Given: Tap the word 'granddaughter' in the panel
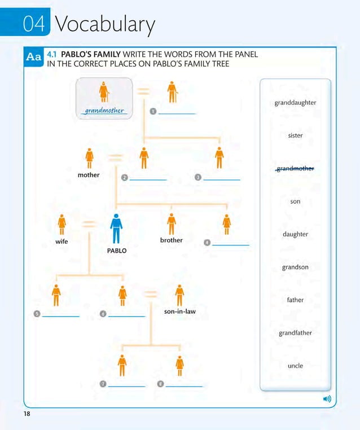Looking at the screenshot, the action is pyautogui.click(x=295, y=103).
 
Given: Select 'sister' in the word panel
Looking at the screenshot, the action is pyautogui.click(x=295, y=135).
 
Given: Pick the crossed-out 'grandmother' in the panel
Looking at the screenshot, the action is pyautogui.click(x=295, y=168).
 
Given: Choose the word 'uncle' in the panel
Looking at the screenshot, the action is pyautogui.click(x=295, y=366).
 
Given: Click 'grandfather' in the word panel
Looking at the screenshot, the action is pyautogui.click(x=295, y=333).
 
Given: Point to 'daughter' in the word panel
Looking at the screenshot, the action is pyautogui.click(x=295, y=234).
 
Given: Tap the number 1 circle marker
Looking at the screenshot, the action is pyautogui.click(x=153, y=111).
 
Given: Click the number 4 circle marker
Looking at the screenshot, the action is pyautogui.click(x=207, y=243).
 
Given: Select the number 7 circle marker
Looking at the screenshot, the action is pyautogui.click(x=103, y=384).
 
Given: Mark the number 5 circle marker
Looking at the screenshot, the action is pyautogui.click(x=37, y=314).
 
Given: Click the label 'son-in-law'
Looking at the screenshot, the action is pyautogui.click(x=180, y=311).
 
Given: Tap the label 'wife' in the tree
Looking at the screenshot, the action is pyautogui.click(x=62, y=241).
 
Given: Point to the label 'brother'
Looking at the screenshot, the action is pyautogui.click(x=172, y=240).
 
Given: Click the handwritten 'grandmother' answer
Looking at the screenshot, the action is pyautogui.click(x=104, y=110).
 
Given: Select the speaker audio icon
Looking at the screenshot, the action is pyautogui.click(x=327, y=399).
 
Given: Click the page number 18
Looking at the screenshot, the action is pyautogui.click(x=27, y=415).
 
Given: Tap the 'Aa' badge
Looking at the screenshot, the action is pyautogui.click(x=34, y=57).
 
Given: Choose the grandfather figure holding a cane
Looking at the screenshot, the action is pyautogui.click(x=172, y=93).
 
